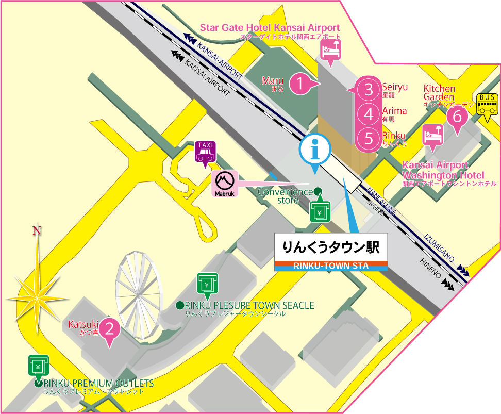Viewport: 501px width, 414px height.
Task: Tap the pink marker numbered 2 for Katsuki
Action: tap(109, 328)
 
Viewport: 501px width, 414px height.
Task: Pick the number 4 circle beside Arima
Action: tap(369, 114)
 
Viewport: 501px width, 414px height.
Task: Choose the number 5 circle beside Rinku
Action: tap(369, 138)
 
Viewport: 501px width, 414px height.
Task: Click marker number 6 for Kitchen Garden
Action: tap(456, 116)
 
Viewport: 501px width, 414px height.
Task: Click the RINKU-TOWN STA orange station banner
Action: tap(331, 266)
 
